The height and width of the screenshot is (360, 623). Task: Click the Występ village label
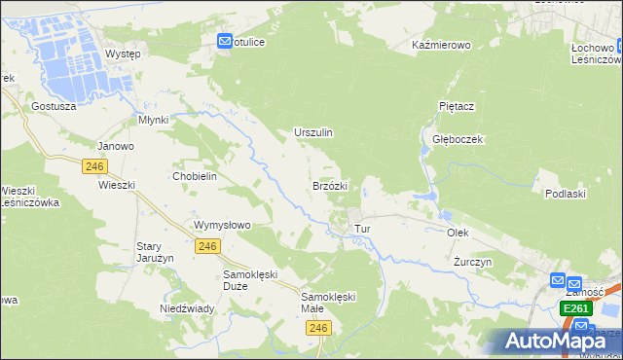tap(123, 54)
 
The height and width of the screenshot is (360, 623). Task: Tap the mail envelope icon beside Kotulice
tap(225, 42)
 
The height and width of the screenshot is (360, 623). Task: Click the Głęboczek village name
tap(458, 139)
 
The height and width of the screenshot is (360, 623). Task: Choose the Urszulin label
tap(313, 132)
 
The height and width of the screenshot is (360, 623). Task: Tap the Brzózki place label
tap(330, 185)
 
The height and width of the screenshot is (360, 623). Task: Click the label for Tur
tap(363, 229)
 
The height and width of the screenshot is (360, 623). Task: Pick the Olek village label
tap(458, 234)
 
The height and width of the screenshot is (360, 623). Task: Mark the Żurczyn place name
tap(473, 263)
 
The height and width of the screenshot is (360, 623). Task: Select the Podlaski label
tap(566, 194)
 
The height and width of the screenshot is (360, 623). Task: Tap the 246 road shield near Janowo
tap(94, 166)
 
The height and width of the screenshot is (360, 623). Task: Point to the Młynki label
tap(154, 120)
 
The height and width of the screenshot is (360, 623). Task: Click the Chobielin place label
tap(194, 176)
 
